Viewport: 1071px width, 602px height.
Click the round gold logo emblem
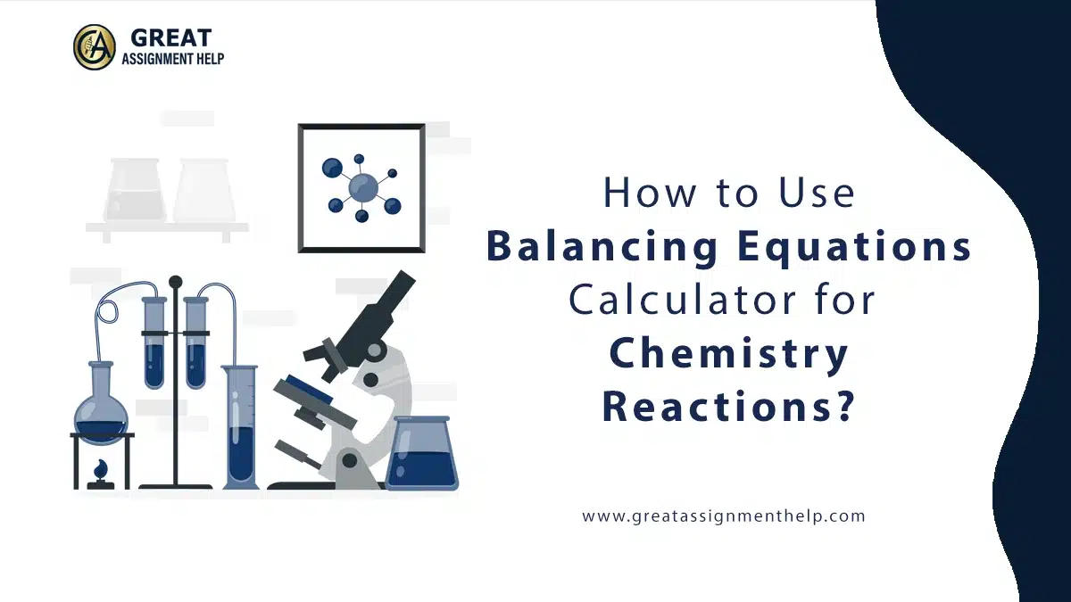point(94,46)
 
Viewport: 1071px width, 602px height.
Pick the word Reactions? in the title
point(727,406)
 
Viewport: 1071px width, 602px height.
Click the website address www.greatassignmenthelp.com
point(724,515)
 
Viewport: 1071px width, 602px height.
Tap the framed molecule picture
point(361,187)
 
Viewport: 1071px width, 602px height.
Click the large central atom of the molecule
point(362,187)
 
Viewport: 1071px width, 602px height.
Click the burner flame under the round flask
point(101,468)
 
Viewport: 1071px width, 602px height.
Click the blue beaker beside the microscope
point(421,455)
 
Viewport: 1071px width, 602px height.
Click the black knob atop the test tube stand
point(175,282)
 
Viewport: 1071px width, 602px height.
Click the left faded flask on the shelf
point(135,192)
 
